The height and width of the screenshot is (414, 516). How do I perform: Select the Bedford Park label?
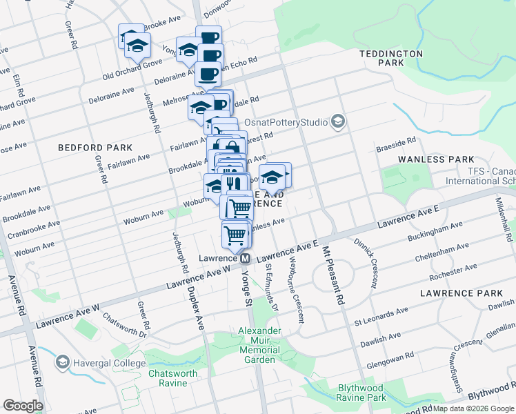pyautogui.click(x=95, y=148)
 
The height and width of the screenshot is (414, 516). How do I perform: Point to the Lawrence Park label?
pyautogui.click(x=457, y=293)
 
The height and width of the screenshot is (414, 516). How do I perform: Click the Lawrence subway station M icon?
pyautogui.click(x=245, y=258)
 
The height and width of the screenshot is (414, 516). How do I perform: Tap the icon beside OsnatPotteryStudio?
pyautogui.click(x=337, y=122)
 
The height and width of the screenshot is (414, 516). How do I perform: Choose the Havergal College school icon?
pyautogui.click(x=63, y=362)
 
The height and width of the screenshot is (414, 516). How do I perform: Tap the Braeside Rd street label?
pyautogui.click(x=395, y=144)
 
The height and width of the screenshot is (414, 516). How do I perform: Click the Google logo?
pyautogui.click(x=23, y=405)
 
